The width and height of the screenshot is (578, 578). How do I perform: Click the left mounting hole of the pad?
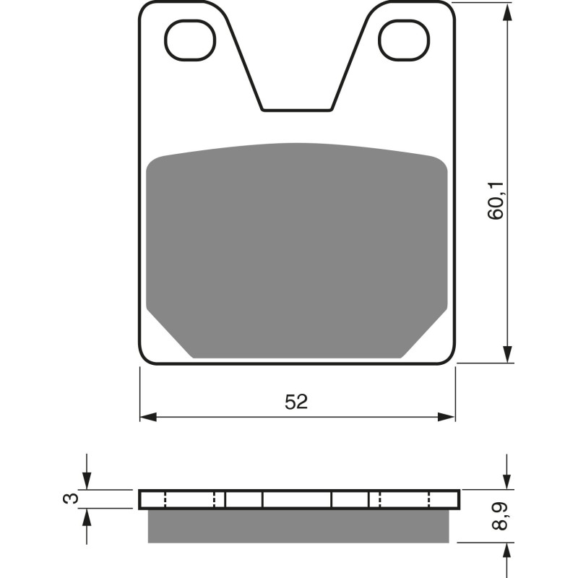(x=191, y=40)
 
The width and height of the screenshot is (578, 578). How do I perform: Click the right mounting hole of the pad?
(x=404, y=40)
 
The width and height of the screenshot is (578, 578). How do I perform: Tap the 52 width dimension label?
(x=296, y=402)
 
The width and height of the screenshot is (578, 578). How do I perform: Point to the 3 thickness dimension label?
(x=68, y=499)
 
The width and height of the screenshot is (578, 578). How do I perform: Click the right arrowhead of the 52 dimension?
(x=447, y=417)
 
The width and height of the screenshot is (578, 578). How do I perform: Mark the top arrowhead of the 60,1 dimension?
(x=509, y=10)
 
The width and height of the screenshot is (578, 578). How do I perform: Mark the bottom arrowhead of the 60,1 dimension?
(x=509, y=354)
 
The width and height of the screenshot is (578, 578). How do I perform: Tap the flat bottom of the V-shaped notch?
(x=297, y=110)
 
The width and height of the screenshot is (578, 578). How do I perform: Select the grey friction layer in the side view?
(x=298, y=526)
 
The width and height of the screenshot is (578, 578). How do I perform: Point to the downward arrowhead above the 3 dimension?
(x=87, y=482)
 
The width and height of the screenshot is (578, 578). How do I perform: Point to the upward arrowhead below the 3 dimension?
(x=87, y=517)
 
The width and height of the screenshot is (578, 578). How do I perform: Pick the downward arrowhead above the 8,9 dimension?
(x=509, y=482)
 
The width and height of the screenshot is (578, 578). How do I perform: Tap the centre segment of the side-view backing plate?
(x=297, y=499)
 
